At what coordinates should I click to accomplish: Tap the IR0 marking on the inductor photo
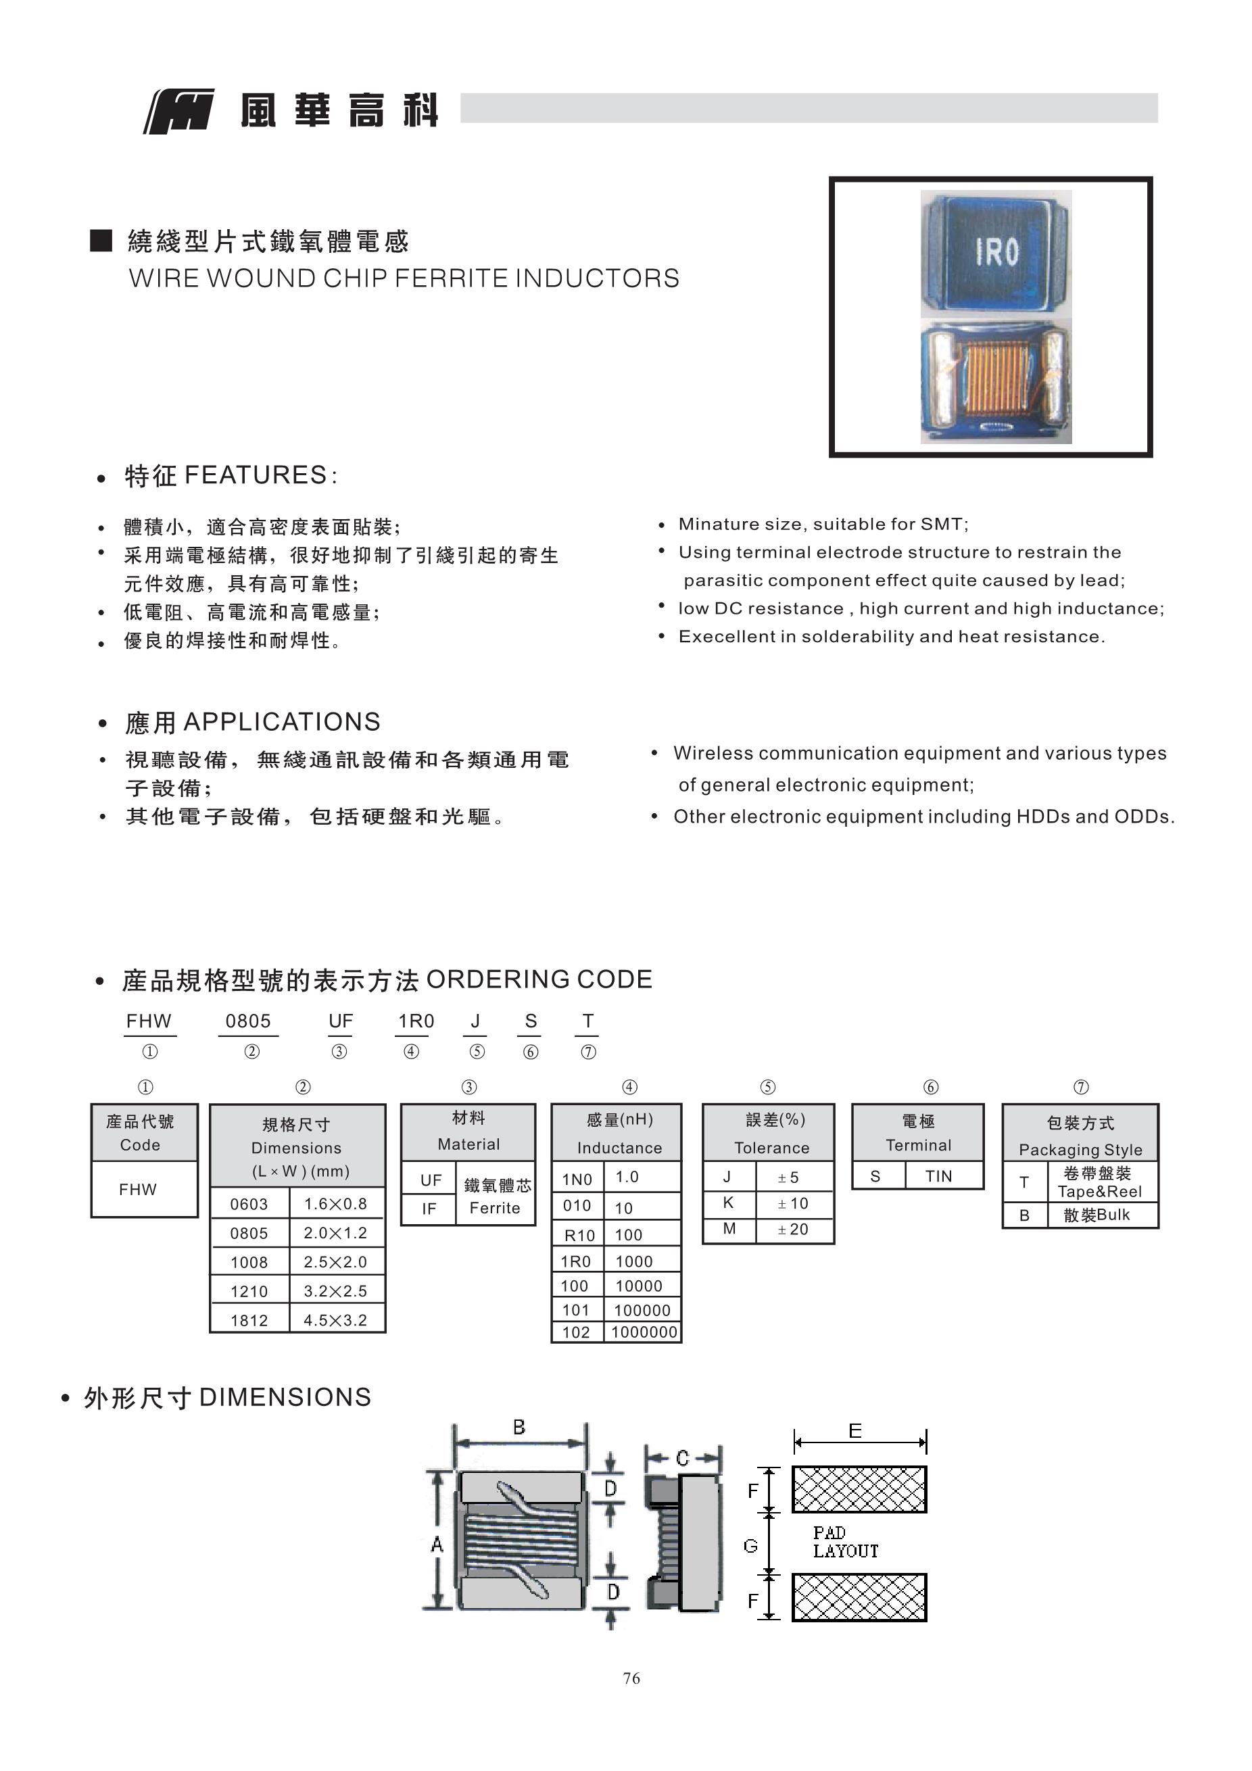(x=996, y=251)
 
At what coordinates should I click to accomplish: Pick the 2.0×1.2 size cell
(x=335, y=1233)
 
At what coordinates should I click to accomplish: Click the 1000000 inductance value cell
(x=644, y=1332)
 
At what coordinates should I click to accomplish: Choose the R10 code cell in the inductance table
(x=579, y=1235)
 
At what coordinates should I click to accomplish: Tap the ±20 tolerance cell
(x=793, y=1230)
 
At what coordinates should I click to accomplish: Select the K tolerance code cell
(x=728, y=1203)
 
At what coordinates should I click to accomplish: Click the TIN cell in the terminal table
(x=939, y=1176)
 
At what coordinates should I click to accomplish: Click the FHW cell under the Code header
(x=138, y=1190)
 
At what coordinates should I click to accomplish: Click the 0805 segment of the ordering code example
(x=248, y=1021)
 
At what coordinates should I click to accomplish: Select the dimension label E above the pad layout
(x=854, y=1432)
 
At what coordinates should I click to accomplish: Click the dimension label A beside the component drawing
(x=437, y=1545)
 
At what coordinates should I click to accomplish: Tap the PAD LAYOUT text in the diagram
(x=845, y=1542)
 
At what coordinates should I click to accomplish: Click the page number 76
(x=631, y=1678)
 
